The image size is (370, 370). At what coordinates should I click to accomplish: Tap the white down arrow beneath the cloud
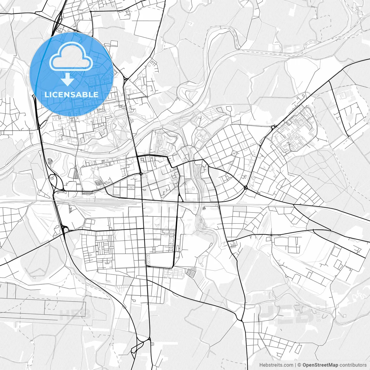pos(68,79)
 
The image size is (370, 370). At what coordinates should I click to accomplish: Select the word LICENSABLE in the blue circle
pos(71,95)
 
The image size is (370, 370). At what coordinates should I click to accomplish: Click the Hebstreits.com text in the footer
pos(276,365)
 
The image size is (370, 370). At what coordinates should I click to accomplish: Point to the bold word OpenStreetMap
pos(320,365)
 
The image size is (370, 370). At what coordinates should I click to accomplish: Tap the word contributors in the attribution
pos(353,365)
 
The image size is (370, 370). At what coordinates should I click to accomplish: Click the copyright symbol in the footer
pos(299,365)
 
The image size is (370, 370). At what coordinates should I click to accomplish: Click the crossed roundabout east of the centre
pos(246,188)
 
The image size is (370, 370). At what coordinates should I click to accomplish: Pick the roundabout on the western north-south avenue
pos(140,174)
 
